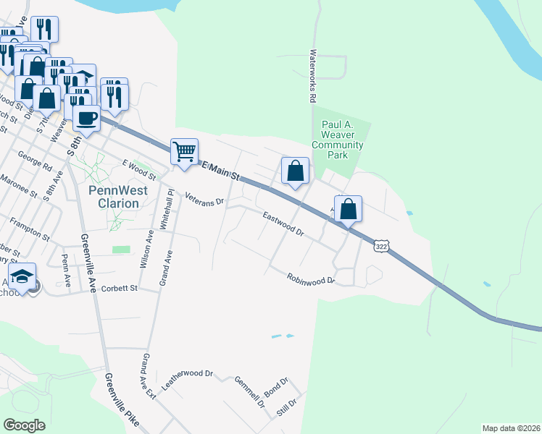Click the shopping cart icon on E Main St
click(184, 152)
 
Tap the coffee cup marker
click(86, 118)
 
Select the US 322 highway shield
click(380, 247)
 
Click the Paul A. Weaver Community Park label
click(337, 140)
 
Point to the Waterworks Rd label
click(314, 75)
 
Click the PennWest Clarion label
click(117, 197)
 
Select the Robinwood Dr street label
click(311, 278)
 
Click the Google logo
click(25, 425)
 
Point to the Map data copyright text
click(511, 428)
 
